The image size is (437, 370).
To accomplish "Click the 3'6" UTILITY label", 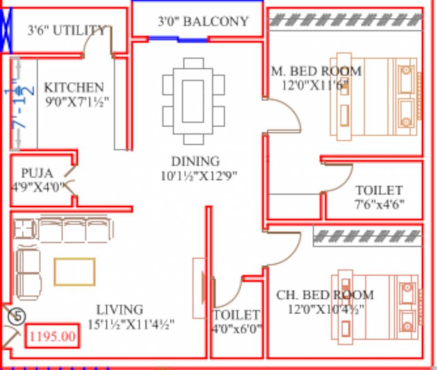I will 67,31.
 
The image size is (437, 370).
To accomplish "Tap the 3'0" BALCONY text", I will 203,21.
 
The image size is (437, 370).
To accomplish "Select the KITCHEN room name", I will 74,88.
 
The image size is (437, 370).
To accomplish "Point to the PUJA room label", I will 37,173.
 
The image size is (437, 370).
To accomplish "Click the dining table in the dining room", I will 193,101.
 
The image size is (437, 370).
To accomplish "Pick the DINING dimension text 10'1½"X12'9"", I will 199,176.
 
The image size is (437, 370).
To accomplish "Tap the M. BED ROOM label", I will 316,72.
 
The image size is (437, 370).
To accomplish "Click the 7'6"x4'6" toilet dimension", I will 379,204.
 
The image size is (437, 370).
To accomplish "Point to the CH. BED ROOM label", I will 325,295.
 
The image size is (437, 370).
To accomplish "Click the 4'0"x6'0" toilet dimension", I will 237,329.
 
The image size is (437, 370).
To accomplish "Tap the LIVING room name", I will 120,310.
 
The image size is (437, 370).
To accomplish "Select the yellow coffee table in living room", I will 74,272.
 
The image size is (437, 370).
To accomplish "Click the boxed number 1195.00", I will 53,336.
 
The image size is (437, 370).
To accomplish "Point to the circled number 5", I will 17,317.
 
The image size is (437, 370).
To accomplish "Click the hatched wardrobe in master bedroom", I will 345,20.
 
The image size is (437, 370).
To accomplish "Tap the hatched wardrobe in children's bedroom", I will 368,236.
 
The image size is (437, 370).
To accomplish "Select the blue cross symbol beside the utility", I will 6,30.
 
